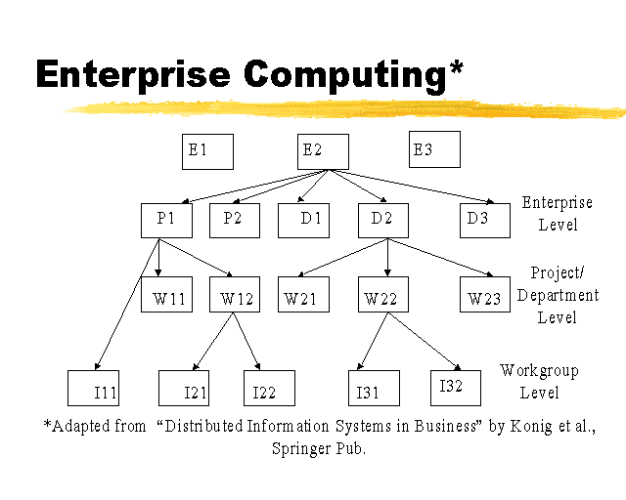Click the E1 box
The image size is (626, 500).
[x=207, y=151]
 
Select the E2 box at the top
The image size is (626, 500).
[x=323, y=151]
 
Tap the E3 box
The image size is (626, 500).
[x=434, y=151]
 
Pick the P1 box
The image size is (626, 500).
[x=166, y=220]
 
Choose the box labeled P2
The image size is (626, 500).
[x=235, y=220]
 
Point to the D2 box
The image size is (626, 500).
[x=382, y=220]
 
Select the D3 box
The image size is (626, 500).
[x=485, y=220]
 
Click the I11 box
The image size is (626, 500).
[x=93, y=388]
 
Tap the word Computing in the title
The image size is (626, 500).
[x=353, y=74]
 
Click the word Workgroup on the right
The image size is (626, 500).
[x=539, y=371]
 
